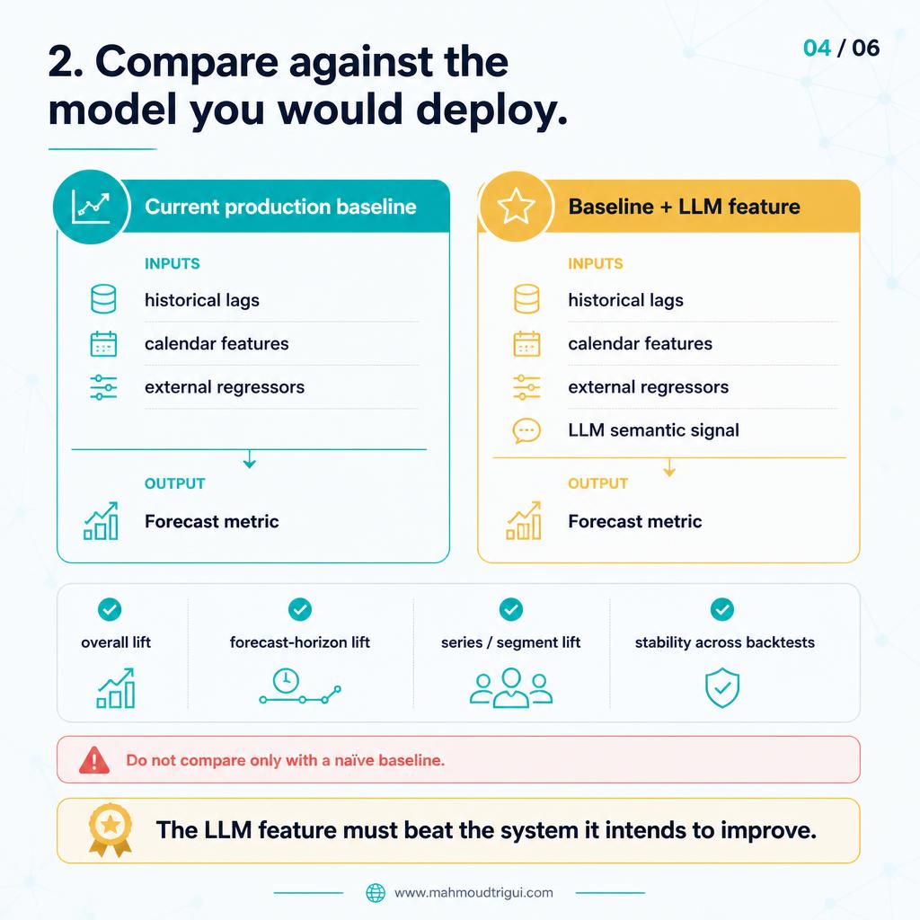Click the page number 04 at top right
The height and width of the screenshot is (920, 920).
(x=817, y=49)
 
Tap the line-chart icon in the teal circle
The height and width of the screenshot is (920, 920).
(x=91, y=207)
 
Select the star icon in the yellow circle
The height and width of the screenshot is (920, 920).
(x=516, y=206)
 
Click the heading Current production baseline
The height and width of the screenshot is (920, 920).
(x=280, y=207)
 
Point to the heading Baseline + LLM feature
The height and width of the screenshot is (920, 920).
(x=684, y=207)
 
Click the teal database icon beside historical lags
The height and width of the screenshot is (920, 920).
(x=103, y=299)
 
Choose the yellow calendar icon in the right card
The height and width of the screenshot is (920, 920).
(x=526, y=344)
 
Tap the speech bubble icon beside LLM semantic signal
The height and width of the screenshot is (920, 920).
(x=526, y=430)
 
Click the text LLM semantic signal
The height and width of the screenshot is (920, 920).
(x=653, y=430)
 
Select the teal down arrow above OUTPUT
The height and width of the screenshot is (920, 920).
(x=250, y=459)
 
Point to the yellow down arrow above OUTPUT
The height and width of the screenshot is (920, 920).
(x=669, y=467)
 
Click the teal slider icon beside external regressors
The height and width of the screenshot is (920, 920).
(x=103, y=387)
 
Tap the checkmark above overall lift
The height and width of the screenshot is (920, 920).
(x=110, y=610)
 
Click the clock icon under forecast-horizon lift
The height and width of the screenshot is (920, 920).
(x=286, y=681)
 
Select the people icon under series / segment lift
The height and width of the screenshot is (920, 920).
(x=511, y=687)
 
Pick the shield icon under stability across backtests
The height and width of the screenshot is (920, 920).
(x=722, y=687)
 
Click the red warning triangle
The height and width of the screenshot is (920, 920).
(x=93, y=760)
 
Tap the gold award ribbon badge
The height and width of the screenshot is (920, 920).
(x=111, y=830)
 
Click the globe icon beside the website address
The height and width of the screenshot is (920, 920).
(x=376, y=893)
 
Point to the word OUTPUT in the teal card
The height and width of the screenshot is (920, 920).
(x=175, y=483)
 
